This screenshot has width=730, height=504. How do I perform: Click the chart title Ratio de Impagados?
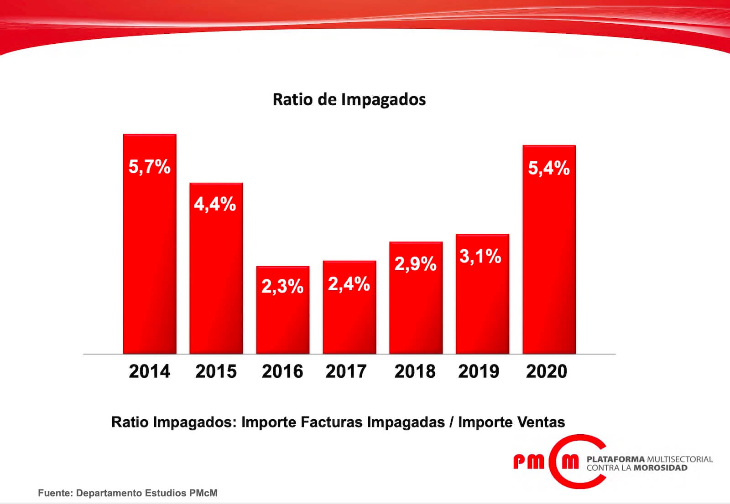click(x=349, y=99)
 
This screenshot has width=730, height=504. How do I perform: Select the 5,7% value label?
click(x=149, y=167)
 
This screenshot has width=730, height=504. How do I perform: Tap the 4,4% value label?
click(x=215, y=204)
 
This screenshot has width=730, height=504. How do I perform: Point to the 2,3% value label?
click(x=282, y=286)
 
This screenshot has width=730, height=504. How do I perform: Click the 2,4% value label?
click(x=349, y=284)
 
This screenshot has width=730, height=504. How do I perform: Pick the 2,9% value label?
click(x=415, y=264)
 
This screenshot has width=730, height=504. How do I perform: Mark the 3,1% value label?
click(x=480, y=256)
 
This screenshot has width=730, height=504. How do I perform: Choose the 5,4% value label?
click(x=549, y=168)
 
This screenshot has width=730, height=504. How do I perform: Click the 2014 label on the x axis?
click(x=149, y=371)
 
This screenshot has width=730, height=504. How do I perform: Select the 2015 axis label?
click(x=216, y=371)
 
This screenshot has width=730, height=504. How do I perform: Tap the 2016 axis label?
click(x=282, y=371)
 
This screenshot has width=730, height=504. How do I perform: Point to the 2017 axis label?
click(x=346, y=371)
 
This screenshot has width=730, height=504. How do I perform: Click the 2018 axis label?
click(x=415, y=371)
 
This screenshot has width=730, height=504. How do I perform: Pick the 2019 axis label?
click(x=479, y=371)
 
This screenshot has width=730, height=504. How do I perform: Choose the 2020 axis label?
click(x=547, y=371)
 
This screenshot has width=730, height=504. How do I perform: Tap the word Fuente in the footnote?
click(x=54, y=493)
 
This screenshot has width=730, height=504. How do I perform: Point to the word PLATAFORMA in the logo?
click(x=615, y=459)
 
